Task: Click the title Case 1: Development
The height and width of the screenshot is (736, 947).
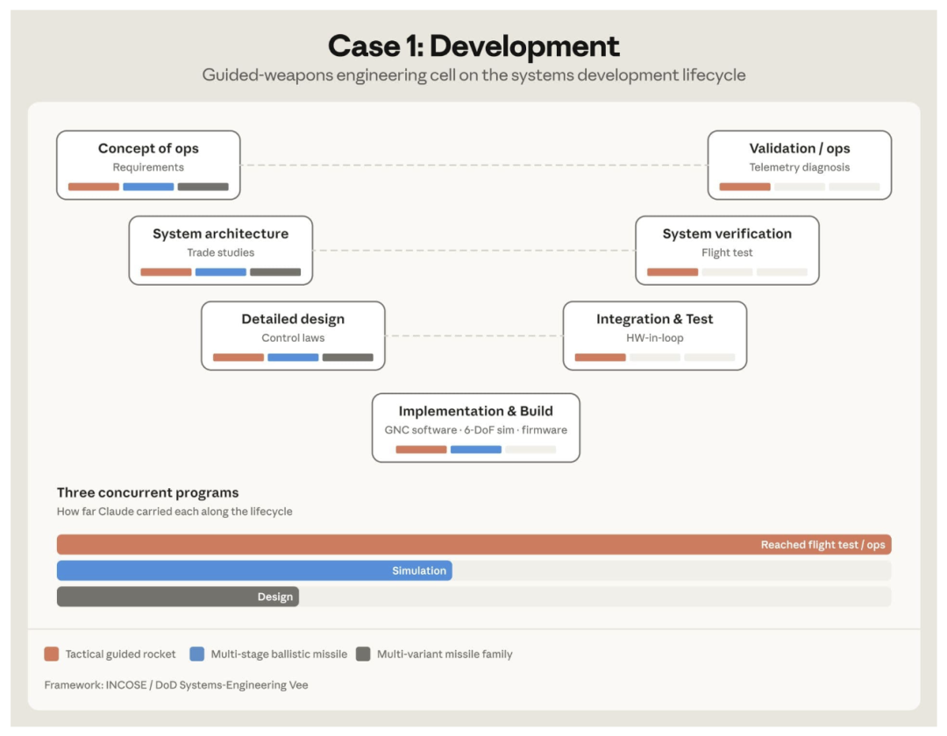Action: [473, 46]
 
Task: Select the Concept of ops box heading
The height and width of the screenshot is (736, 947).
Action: [148, 148]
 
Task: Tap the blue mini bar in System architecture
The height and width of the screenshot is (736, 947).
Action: [220, 272]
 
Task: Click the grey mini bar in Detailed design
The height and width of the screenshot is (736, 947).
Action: [347, 357]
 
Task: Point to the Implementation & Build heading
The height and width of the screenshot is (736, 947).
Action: [475, 411]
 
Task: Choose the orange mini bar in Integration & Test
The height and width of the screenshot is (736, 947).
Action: [600, 357]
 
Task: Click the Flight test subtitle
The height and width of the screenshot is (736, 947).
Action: [727, 252]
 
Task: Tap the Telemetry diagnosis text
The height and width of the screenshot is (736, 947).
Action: [799, 167]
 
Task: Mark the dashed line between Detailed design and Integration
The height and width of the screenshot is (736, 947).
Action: [473, 336]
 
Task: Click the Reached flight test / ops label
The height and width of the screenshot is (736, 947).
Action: [822, 545]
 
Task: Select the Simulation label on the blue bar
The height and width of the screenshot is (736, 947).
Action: [418, 570]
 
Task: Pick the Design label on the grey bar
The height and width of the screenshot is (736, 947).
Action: [274, 597]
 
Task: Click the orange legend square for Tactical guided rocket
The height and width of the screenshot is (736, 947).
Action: [52, 654]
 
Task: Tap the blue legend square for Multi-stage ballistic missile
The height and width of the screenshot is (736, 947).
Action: [197, 654]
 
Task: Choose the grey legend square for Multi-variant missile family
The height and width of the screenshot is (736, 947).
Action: [363, 654]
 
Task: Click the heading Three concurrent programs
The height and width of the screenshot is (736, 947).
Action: [147, 493]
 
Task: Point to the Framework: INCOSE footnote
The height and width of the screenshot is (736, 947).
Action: [175, 684]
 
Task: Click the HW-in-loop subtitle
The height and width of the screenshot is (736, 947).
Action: [654, 338]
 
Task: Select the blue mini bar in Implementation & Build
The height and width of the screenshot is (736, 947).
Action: [475, 449]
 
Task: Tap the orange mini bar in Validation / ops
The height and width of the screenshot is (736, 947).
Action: [744, 187]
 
